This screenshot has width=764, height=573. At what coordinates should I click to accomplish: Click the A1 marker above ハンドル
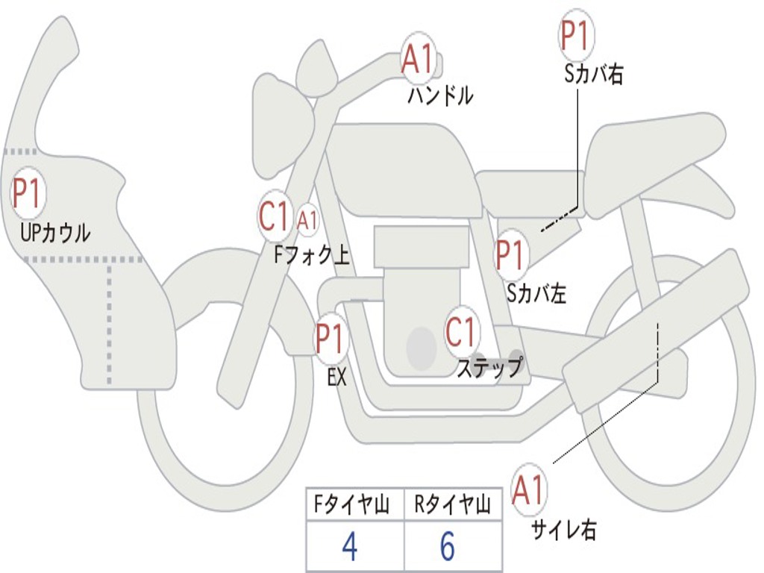417,58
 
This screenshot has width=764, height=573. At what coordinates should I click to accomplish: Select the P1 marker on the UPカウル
28,194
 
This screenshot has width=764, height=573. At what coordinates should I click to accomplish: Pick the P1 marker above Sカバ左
512,255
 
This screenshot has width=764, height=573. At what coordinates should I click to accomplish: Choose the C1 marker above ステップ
461,332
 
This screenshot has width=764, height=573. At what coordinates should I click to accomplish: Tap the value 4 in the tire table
349,548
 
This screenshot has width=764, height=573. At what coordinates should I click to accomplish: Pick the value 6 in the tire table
448,548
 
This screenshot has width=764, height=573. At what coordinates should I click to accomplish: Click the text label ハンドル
440,95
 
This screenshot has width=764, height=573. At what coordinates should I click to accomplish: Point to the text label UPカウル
55,233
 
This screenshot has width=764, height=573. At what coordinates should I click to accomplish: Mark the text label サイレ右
564,530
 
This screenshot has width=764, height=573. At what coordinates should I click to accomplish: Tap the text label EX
337,378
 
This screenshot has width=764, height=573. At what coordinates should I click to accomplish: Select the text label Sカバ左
536,293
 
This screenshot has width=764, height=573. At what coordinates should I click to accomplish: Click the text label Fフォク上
311,256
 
